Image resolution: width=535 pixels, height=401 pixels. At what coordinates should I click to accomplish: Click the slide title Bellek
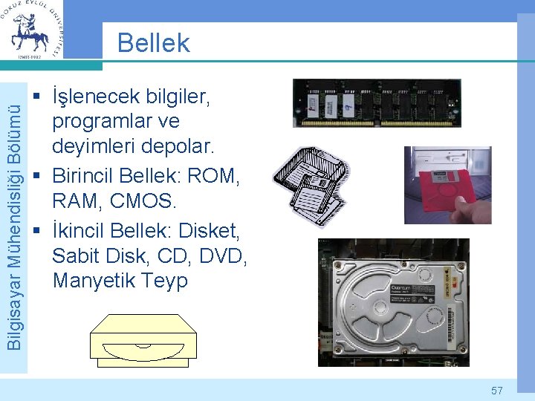pyautogui.click(x=154, y=42)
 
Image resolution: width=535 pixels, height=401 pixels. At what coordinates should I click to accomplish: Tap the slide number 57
pyautogui.click(x=497, y=390)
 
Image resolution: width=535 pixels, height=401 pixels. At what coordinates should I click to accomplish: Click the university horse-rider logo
pyautogui.click(x=32, y=30)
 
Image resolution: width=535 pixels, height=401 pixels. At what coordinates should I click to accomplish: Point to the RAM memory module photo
pyautogui.click(x=376, y=103)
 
